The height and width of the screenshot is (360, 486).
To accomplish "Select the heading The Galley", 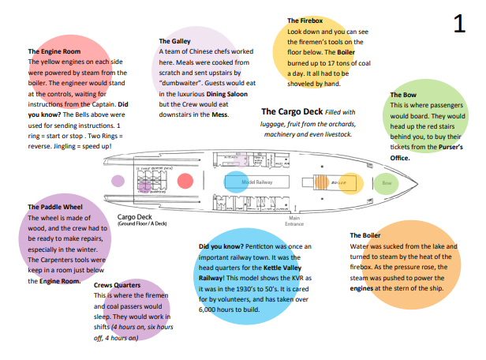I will pyautogui.click(x=174, y=41).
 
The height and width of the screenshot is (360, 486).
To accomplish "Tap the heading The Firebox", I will pyautogui.click(x=305, y=21).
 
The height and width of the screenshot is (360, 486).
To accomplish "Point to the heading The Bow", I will pyautogui.click(x=403, y=95).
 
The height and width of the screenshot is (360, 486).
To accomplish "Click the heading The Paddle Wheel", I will pyautogui.click(x=54, y=208).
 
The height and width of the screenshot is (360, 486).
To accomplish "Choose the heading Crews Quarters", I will pyautogui.click(x=117, y=284).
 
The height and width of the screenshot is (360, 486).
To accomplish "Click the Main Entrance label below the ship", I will pyautogui.click(x=295, y=221).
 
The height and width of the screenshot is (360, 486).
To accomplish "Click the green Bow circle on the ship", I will pyautogui.click(x=386, y=182).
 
